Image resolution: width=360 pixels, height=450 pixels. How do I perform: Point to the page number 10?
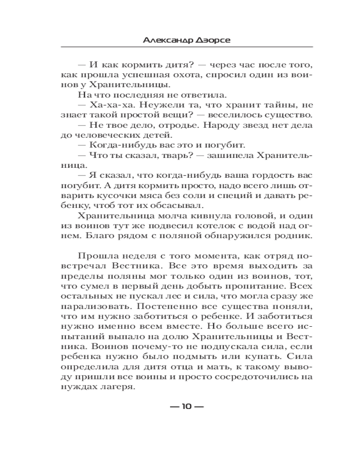point(186,407)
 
